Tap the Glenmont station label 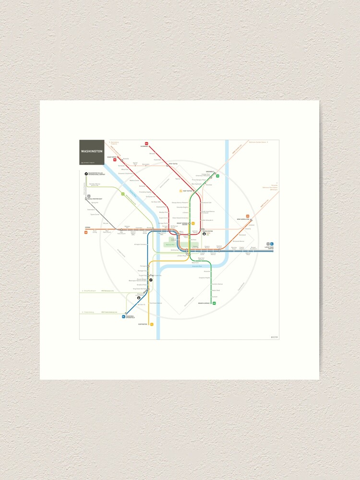click(144, 146)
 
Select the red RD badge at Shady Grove click(115, 159)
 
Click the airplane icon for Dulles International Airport click(86, 174)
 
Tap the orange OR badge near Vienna click(86, 233)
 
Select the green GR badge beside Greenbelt click(217, 176)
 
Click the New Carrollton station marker click(251, 220)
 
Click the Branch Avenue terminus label click(204, 303)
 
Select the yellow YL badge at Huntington click(152, 324)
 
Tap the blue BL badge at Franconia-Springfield click(123, 317)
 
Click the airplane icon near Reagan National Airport click(151, 279)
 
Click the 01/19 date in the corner click(274, 336)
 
